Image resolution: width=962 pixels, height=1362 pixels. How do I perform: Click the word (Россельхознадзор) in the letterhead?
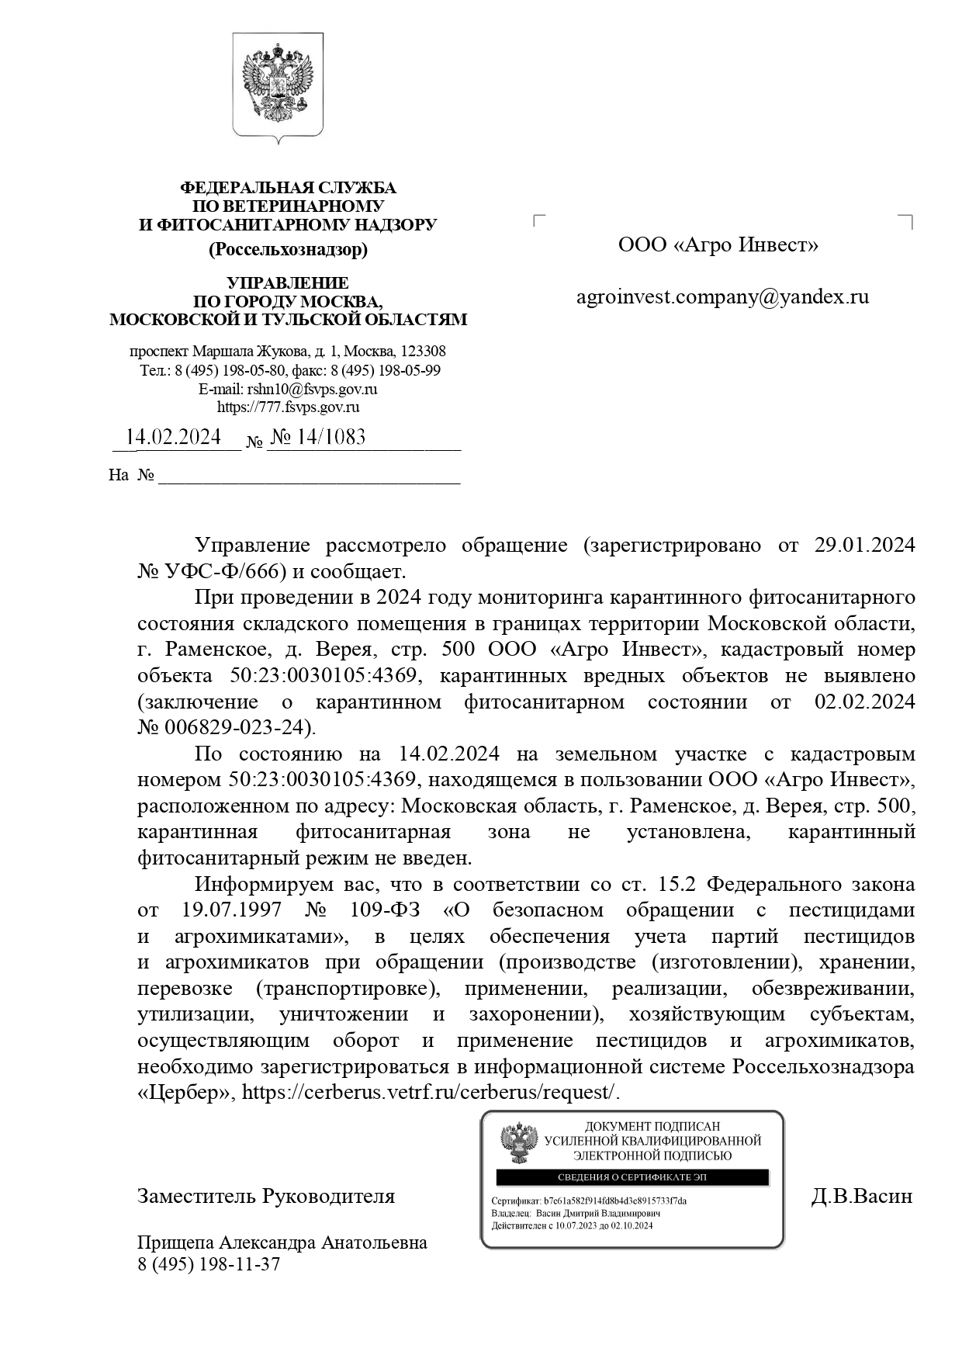click(288, 250)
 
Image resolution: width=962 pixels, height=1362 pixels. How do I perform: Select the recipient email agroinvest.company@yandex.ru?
click(722, 296)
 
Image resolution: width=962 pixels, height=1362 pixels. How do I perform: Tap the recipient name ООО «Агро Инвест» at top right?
click(718, 245)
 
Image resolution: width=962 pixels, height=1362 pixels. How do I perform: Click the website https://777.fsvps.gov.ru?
click(288, 407)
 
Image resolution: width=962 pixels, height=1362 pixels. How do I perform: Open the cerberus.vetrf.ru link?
click(431, 1092)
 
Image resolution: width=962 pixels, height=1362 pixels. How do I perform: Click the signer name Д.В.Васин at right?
click(861, 1196)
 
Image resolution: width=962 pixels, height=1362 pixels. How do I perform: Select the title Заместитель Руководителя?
click(266, 1196)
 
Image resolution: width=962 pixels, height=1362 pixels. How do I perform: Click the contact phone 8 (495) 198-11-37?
click(209, 1264)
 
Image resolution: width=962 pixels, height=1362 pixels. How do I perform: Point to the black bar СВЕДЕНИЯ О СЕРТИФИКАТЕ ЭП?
click(632, 1177)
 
